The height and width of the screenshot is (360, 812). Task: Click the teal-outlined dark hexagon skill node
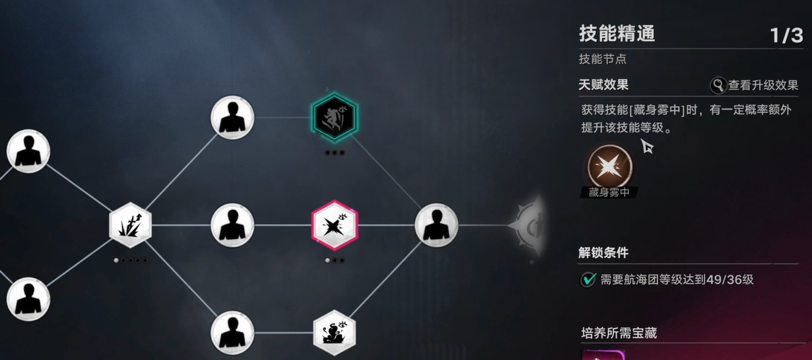click(x=335, y=117)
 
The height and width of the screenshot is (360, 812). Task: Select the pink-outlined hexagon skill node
click(x=335, y=225)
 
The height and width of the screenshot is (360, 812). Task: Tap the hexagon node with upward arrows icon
click(x=131, y=225)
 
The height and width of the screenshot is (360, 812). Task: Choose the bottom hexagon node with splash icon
click(x=335, y=332)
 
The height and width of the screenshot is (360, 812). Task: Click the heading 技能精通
click(x=617, y=34)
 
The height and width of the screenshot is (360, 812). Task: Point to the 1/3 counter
click(x=786, y=36)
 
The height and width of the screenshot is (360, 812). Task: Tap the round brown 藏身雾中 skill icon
click(x=610, y=166)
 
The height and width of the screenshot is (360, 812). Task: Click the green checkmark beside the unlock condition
click(x=588, y=279)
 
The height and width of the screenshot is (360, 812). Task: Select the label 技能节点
click(x=603, y=59)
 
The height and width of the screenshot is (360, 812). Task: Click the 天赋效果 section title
click(x=603, y=85)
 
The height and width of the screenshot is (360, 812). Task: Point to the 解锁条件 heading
click(x=603, y=253)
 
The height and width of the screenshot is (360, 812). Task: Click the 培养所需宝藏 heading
click(x=619, y=333)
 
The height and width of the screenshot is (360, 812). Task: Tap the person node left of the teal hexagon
click(x=232, y=117)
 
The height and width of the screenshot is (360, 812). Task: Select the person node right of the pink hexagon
click(x=436, y=225)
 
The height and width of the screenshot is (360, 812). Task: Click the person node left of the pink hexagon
click(x=232, y=225)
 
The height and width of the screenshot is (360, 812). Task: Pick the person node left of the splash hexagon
click(x=232, y=332)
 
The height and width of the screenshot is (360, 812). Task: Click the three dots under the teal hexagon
click(x=335, y=153)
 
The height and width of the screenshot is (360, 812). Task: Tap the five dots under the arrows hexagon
click(x=131, y=260)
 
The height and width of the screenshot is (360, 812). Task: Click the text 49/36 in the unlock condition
click(x=725, y=279)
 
